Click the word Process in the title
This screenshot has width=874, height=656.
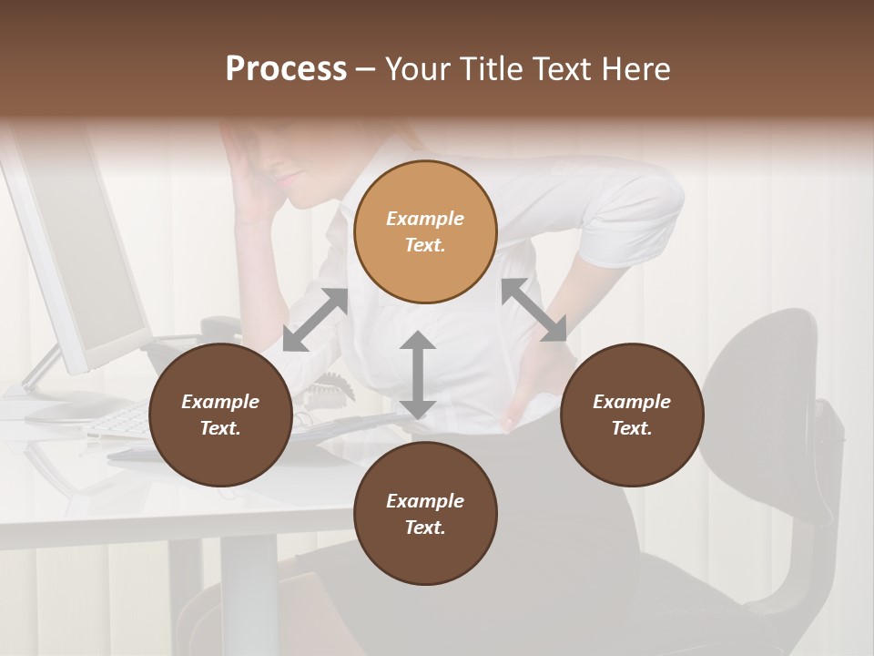[x=286, y=69]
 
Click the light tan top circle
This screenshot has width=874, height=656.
[x=425, y=231]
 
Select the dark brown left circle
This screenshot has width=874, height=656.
[x=220, y=415]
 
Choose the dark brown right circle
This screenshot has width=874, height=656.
[x=632, y=415]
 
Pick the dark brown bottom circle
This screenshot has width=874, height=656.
[x=425, y=514]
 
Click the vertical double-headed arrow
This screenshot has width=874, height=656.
[x=417, y=374]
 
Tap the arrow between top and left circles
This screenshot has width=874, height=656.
[x=315, y=320]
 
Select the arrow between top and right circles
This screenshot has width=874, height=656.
[x=534, y=310]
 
